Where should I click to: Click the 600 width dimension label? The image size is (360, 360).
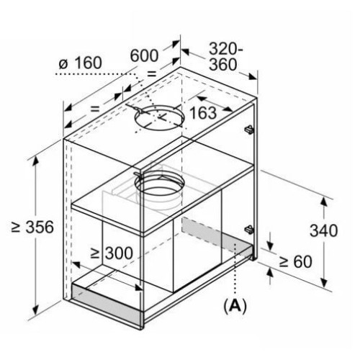[x=144, y=55]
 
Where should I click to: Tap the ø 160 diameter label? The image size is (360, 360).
[x=81, y=63]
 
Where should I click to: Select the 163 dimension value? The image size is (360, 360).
[x=203, y=112]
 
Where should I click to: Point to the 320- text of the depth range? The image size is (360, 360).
[x=226, y=49]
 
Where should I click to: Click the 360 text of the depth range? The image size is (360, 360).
[x=223, y=65]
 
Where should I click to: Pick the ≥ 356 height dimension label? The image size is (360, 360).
[x=32, y=227]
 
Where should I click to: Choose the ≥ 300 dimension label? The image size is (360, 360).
[x=112, y=253]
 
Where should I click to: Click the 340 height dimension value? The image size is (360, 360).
[x=323, y=230]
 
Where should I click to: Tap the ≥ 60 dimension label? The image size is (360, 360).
[x=296, y=261]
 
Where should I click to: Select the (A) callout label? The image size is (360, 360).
[x=235, y=305]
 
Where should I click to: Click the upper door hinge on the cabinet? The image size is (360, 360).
[x=249, y=130]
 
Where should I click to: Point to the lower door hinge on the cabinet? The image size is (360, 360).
[x=249, y=230]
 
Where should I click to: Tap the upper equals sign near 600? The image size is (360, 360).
[x=151, y=74]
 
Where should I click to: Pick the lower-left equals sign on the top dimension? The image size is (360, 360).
[x=95, y=109]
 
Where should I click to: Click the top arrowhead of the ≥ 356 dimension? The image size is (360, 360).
[x=36, y=161]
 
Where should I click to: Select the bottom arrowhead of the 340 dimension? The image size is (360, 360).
[x=324, y=282]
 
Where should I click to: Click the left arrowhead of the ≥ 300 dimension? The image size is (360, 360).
[x=77, y=265]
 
